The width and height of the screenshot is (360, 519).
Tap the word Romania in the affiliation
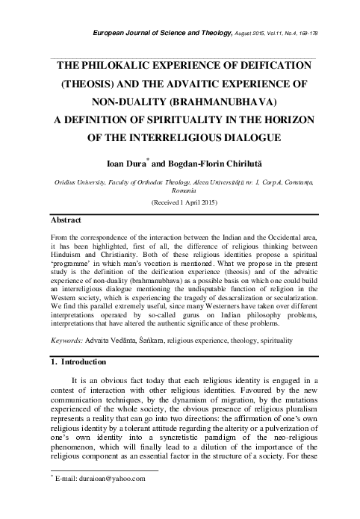pyautogui.click(x=183, y=190)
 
